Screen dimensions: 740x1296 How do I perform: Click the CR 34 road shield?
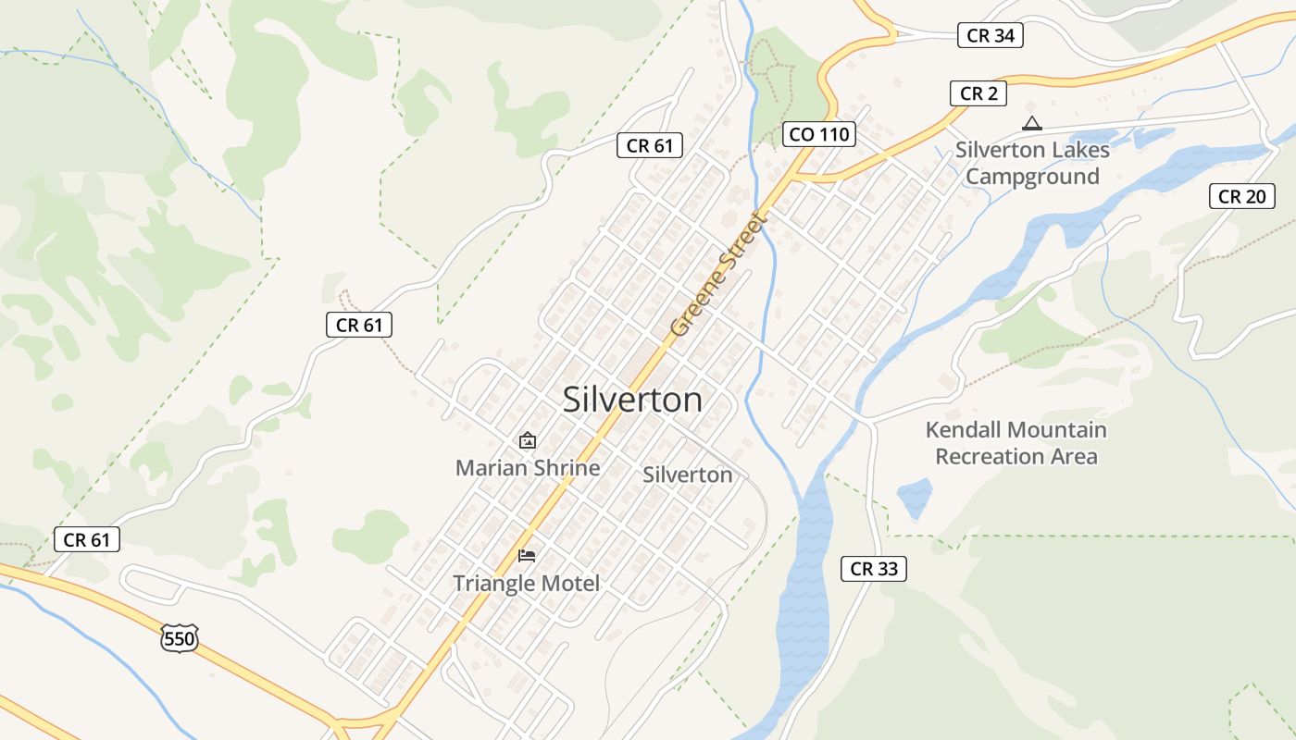(x=990, y=36)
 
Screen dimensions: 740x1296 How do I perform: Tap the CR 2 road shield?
(x=978, y=93)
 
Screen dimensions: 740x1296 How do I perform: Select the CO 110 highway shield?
(x=817, y=134)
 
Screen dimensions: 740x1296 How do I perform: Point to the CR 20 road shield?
(x=1241, y=196)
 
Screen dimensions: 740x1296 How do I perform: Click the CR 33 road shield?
(x=873, y=569)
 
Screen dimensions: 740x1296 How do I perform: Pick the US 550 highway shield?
(x=179, y=637)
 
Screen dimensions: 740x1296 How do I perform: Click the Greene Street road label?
(x=720, y=275)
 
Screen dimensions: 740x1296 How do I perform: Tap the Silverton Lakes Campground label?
(x=1032, y=163)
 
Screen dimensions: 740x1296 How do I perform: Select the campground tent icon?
(x=1031, y=123)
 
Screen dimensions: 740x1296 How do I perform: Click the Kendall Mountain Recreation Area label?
(x=1016, y=443)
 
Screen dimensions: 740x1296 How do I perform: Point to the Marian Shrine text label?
(x=528, y=468)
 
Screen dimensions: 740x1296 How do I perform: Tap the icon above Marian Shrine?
(x=528, y=440)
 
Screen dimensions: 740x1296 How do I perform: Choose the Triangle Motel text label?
(x=526, y=584)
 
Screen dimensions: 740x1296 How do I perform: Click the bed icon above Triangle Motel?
(x=527, y=555)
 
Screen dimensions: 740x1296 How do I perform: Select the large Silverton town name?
(x=632, y=400)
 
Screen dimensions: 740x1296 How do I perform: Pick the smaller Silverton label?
(x=687, y=475)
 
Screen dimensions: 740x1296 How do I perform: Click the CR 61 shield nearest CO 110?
(x=650, y=145)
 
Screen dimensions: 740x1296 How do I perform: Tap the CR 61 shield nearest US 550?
(x=87, y=540)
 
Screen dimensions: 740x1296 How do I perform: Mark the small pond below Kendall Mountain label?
(x=914, y=498)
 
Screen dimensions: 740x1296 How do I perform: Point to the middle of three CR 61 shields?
(x=359, y=325)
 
